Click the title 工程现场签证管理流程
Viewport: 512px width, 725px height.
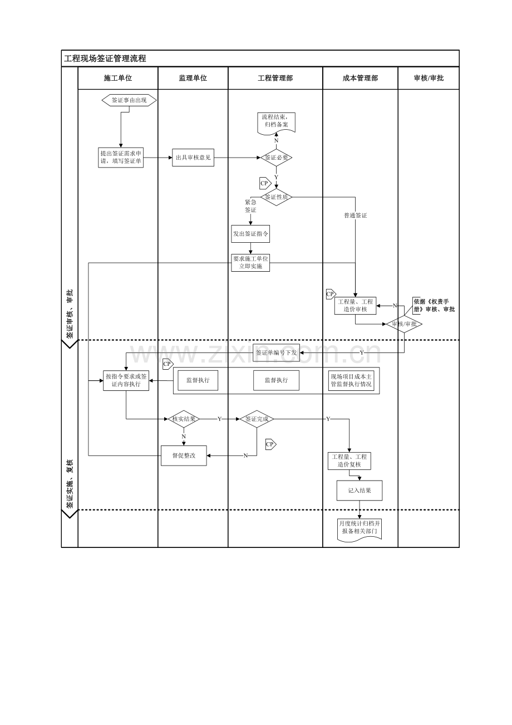(105, 58)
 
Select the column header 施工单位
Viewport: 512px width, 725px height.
(118, 79)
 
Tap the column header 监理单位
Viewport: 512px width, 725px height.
(193, 79)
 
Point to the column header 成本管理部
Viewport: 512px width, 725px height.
(360, 79)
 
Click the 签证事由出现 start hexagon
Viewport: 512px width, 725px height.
(129, 100)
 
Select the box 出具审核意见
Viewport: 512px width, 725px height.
(193, 158)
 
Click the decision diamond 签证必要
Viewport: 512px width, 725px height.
(276, 158)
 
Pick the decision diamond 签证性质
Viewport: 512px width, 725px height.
(276, 197)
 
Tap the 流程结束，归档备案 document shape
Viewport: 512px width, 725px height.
(276, 121)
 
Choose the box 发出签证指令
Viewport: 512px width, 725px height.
(250, 234)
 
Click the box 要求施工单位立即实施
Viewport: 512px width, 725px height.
(250, 263)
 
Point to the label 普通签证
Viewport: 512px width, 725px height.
(355, 215)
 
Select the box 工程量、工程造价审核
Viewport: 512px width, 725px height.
(355, 306)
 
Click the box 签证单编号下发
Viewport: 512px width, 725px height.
(276, 353)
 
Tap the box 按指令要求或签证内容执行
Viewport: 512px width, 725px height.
(126, 380)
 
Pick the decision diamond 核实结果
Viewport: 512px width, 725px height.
(184, 419)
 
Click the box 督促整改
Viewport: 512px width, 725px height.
(184, 455)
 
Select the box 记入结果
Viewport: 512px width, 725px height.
(360, 491)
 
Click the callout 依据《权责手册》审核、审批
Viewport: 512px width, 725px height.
(434, 305)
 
